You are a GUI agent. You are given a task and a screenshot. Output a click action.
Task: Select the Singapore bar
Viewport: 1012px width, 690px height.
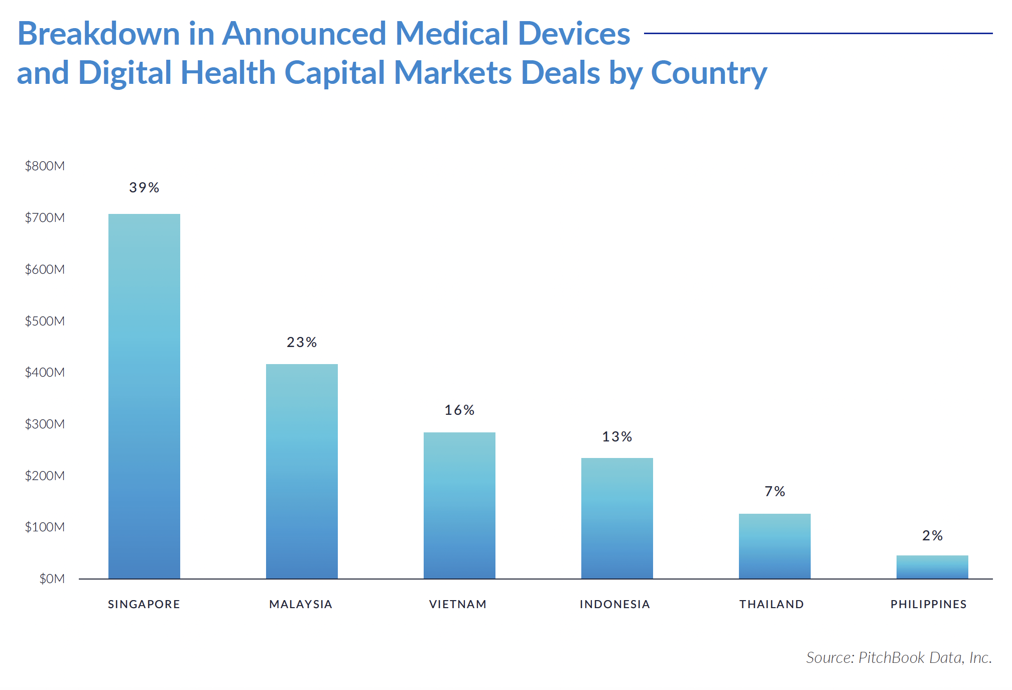(144, 397)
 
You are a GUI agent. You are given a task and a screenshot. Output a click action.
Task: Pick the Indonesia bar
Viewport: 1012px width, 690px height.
(617, 518)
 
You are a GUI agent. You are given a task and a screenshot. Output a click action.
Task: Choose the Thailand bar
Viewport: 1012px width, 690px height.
(775, 546)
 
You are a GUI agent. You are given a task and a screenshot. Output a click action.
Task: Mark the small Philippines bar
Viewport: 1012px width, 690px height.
(932, 567)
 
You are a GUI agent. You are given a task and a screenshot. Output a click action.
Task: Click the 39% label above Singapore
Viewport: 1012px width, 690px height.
(144, 188)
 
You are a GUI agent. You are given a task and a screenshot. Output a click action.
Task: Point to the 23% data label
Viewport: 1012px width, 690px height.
(302, 342)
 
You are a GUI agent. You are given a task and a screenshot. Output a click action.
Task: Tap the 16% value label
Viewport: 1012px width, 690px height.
(459, 410)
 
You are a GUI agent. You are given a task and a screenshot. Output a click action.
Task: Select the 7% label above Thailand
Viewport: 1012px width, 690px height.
(775, 492)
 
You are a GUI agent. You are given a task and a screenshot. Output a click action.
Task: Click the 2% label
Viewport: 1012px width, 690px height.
(932, 536)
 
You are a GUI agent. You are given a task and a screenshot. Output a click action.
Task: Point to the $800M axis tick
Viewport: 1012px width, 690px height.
(45, 166)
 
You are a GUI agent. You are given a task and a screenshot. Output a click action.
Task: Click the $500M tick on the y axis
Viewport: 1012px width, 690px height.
(45, 321)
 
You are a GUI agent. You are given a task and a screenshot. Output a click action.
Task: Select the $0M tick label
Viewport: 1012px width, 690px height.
(52, 579)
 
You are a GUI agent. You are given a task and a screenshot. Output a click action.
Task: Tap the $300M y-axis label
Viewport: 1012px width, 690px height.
(45, 424)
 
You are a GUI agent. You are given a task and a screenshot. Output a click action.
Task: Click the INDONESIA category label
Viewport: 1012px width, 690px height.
(615, 604)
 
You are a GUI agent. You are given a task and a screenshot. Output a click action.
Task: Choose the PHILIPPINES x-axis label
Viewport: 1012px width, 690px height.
(929, 604)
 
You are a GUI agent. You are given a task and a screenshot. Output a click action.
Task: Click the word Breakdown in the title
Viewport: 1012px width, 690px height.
(98, 34)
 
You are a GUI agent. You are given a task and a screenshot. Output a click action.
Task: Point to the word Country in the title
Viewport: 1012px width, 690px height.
(709, 73)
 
